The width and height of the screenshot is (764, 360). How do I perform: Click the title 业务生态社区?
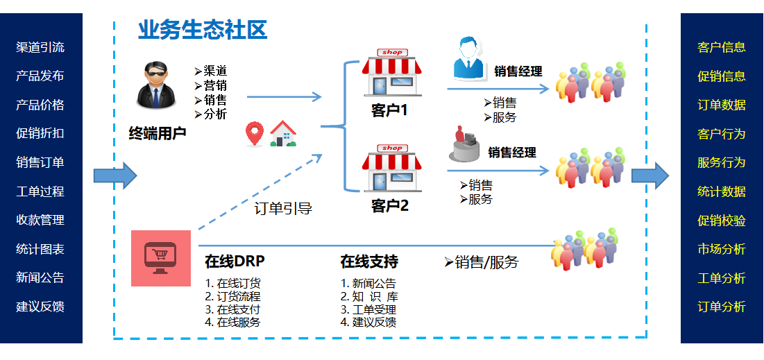(202, 30)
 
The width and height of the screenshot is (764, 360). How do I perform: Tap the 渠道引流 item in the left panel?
(40, 47)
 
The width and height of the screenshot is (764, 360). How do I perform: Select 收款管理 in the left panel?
(40, 220)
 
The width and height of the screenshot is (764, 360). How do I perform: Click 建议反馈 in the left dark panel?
(40, 306)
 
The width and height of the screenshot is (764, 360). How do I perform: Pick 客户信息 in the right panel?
(722, 47)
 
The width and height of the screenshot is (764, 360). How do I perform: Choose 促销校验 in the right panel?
(722, 220)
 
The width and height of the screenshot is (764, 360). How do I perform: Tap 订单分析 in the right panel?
(722, 306)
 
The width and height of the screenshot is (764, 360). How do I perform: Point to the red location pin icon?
(255, 134)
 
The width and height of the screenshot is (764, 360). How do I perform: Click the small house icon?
(283, 134)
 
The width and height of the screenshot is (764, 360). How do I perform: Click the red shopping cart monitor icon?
(160, 258)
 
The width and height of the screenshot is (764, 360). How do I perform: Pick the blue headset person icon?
(470, 59)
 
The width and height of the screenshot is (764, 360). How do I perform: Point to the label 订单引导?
(283, 208)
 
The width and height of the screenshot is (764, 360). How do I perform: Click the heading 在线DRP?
(235, 262)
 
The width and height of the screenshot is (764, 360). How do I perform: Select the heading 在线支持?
(369, 262)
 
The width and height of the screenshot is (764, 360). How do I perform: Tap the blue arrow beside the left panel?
(114, 175)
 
